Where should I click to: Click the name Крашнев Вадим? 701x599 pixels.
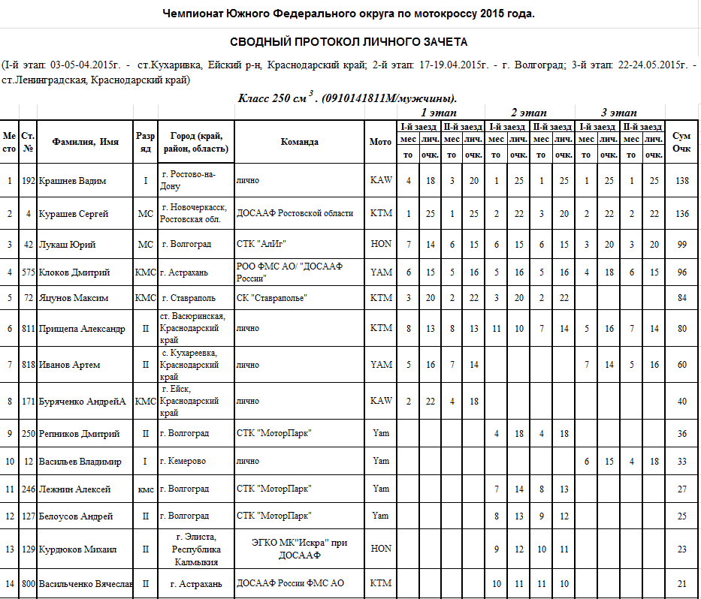point(73,181)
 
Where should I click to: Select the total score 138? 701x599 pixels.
point(681,181)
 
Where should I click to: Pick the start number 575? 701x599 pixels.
point(28,272)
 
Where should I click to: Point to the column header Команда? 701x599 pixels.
point(300,142)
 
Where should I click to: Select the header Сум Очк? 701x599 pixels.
point(681,142)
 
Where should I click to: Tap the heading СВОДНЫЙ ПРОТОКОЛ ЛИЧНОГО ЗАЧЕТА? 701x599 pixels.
point(349,42)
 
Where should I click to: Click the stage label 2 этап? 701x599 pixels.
point(529,112)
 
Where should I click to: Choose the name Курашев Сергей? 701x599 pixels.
point(74,213)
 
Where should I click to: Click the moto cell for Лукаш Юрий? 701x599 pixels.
point(381,244)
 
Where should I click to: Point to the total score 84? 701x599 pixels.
point(681,298)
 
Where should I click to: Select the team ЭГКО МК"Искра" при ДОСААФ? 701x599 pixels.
point(300,549)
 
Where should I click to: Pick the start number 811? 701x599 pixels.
point(28,328)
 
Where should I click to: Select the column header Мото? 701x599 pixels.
point(381,142)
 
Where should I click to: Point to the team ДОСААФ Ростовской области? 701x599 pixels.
point(295,213)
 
